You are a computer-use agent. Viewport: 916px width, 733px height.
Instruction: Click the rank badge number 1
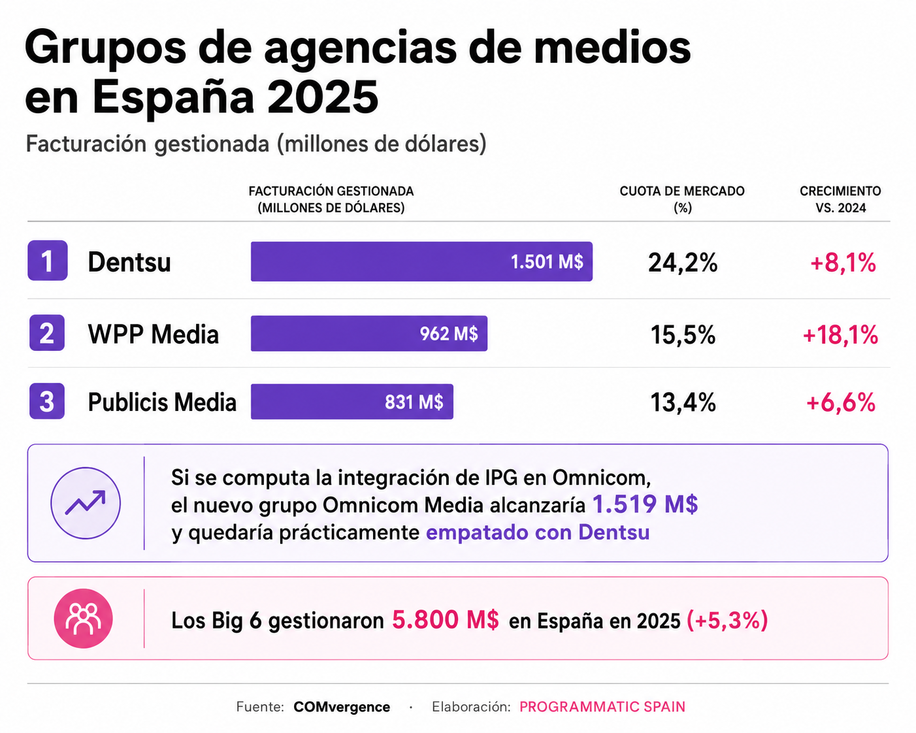47,261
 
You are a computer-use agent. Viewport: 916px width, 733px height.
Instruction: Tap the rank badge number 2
47,333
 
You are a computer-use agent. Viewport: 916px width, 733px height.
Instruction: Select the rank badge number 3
47,401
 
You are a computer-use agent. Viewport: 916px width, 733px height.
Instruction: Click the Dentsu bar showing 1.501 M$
421,261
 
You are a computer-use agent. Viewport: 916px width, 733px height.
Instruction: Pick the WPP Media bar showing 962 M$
369,333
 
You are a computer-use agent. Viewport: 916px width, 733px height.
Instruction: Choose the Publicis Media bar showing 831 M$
352,401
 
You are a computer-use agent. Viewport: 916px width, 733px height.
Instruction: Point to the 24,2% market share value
683,262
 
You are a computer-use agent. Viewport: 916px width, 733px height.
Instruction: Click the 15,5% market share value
683,334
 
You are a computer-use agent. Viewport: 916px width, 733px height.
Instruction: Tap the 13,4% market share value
683,402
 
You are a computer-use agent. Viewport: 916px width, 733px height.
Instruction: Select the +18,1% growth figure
840,334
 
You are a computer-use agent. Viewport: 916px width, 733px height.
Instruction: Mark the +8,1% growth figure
843,262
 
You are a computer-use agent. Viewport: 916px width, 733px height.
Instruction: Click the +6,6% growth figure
841,402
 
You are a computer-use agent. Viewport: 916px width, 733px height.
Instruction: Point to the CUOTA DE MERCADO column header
682,199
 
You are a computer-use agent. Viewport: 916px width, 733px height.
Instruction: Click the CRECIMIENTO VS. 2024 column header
841,199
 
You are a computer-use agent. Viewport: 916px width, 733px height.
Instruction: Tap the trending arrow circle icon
86,503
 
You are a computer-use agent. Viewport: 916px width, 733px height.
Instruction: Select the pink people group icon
84,618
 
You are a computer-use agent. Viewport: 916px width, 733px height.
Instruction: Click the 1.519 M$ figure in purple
646,504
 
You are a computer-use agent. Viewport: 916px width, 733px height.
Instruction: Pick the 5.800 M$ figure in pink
445,620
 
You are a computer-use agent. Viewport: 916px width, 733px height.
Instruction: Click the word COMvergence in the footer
342,707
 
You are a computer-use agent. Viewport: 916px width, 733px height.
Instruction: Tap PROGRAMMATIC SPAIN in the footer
602,707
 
